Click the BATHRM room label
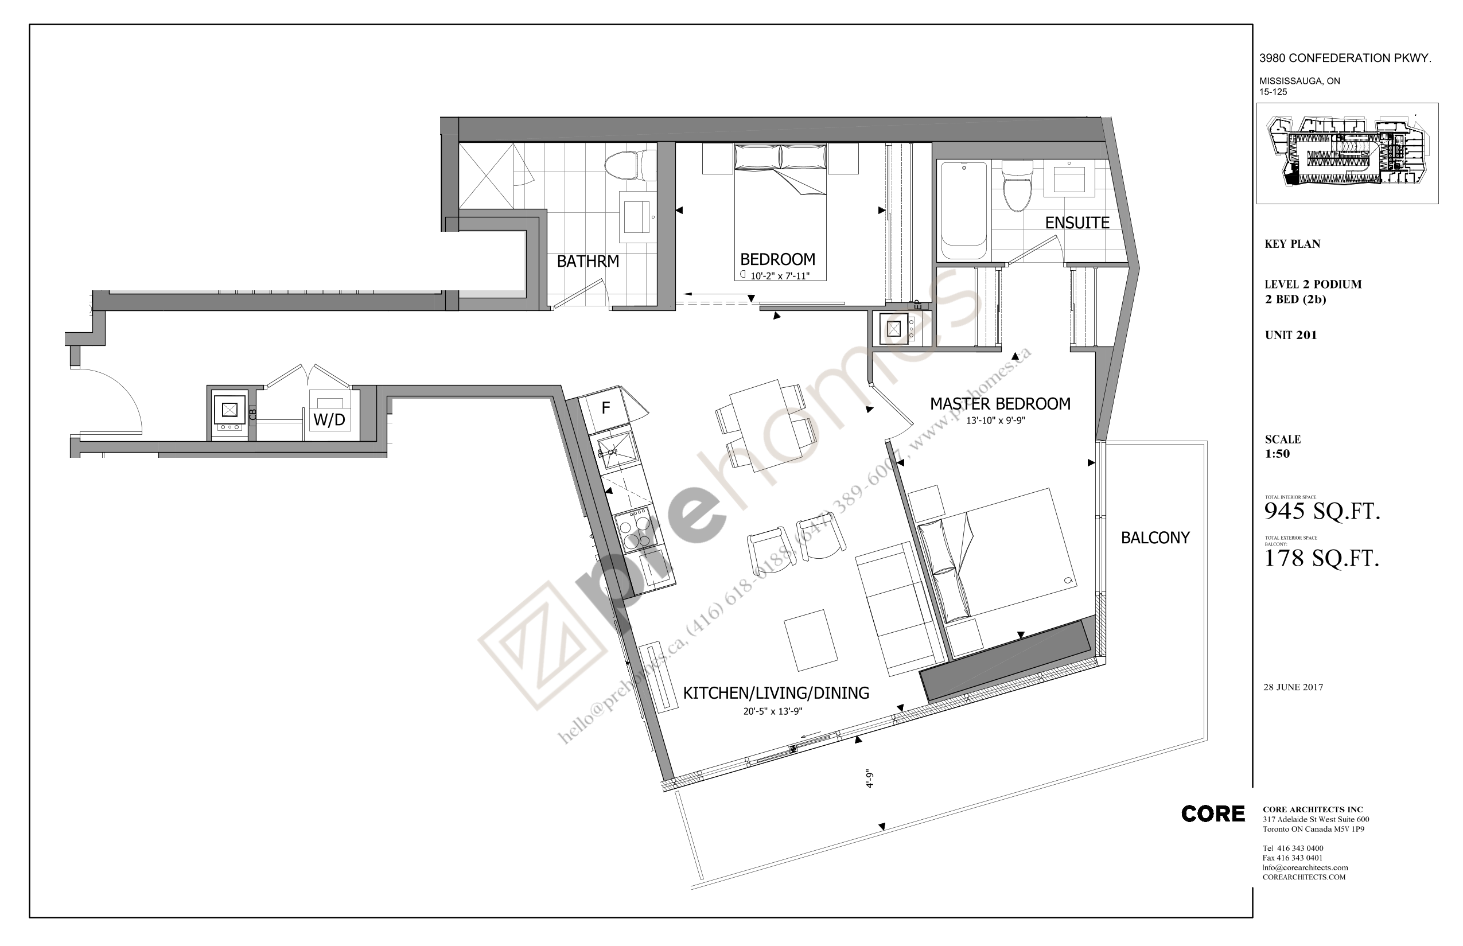point(587,262)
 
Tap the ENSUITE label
point(1077,223)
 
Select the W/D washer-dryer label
point(329,420)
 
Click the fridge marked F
point(606,408)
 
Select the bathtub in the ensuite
point(964,209)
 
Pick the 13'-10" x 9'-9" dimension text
point(995,421)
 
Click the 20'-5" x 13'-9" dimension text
point(773,711)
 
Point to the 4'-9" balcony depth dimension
point(869,779)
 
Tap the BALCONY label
point(1155,538)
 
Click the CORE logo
point(1212,814)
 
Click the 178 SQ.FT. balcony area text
point(1321,558)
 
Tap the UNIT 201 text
point(1290,336)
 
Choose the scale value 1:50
point(1277,454)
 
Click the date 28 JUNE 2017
point(1293,687)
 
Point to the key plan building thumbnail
point(1347,154)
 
